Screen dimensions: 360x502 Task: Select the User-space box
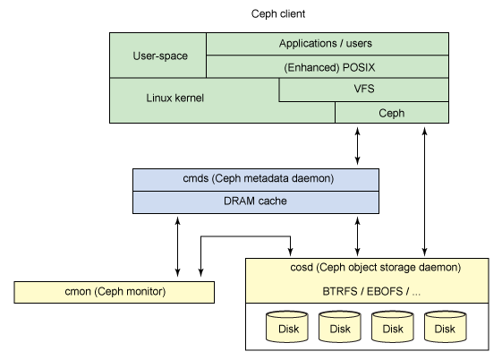tap(158, 56)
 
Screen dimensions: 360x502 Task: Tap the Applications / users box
tap(326, 44)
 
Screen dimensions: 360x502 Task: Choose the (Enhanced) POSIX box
tap(326, 66)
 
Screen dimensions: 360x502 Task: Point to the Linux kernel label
tap(176, 98)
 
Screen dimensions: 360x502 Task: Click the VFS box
tap(364, 90)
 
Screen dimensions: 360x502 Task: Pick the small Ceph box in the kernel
tap(391, 113)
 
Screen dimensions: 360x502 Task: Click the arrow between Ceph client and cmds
tap(358, 145)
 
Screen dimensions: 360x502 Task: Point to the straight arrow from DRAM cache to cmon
tap(178, 246)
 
